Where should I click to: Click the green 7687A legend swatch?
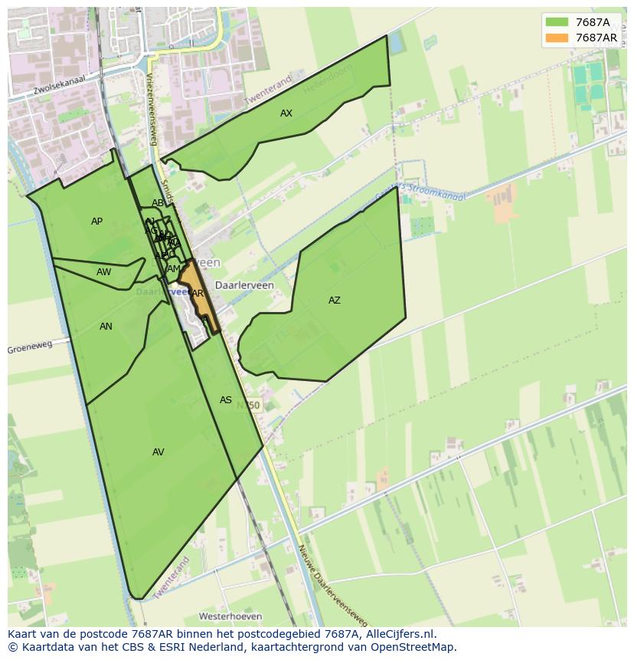tap(557, 22)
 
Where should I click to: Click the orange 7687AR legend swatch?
tap(557, 38)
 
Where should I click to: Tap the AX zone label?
tap(286, 113)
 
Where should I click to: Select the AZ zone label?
tap(335, 300)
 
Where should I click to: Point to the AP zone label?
tap(96, 222)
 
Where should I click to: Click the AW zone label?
tap(104, 272)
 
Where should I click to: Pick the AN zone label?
tap(106, 327)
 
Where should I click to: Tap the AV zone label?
tap(158, 452)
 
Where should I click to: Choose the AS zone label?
tap(226, 400)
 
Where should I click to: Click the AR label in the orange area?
tap(198, 294)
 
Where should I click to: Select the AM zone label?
tap(174, 269)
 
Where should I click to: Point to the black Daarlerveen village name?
tap(244, 284)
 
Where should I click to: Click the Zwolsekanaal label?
tap(57, 86)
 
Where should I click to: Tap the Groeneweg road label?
tap(30, 347)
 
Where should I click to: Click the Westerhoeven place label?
tap(230, 616)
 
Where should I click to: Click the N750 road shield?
tap(248, 405)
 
